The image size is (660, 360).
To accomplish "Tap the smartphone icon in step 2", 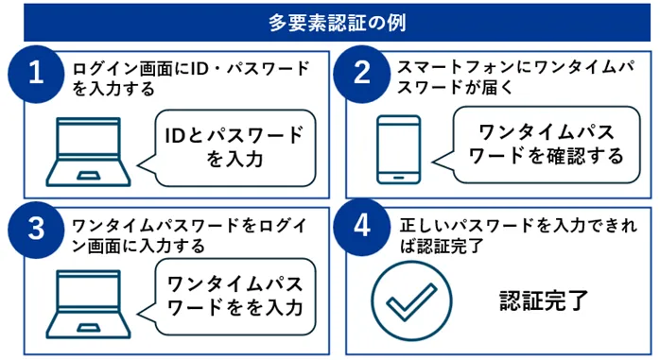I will point(398,148).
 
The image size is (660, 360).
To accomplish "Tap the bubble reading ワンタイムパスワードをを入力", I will point(234,295).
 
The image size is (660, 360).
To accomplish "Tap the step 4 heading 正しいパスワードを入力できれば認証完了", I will point(516,232).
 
